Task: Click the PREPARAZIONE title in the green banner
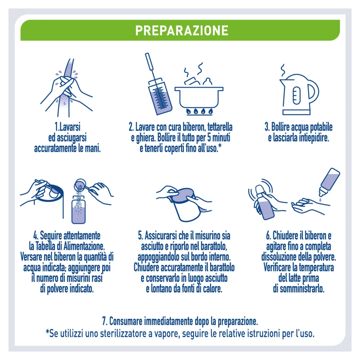pyautogui.click(x=182, y=30)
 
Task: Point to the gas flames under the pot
pyautogui.click(x=199, y=111)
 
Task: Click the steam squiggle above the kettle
pyautogui.click(x=282, y=71)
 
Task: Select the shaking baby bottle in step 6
pyautogui.click(x=264, y=203)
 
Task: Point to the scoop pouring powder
pyautogui.click(x=81, y=186)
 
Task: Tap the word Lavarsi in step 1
pyautogui.click(x=70, y=127)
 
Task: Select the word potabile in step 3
pyautogui.click(x=321, y=127)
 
